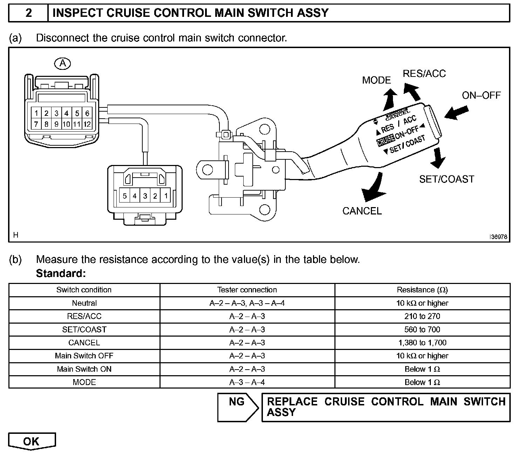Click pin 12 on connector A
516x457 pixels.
click(x=87, y=124)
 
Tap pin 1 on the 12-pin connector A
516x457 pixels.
click(x=36, y=113)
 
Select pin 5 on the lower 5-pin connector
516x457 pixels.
click(x=124, y=196)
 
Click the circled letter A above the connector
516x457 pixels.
click(x=63, y=63)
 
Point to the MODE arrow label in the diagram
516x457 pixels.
click(x=376, y=80)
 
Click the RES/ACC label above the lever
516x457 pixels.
click(x=424, y=74)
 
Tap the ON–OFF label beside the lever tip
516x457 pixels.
click(x=481, y=95)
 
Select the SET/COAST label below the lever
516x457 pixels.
click(x=446, y=179)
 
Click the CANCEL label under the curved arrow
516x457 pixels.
click(x=362, y=211)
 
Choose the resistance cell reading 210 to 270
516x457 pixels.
click(x=422, y=316)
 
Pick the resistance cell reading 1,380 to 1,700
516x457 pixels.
click(x=422, y=343)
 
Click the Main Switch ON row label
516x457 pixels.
click(x=84, y=369)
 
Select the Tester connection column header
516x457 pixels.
click(x=247, y=290)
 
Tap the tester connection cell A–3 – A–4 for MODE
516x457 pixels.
click(x=247, y=382)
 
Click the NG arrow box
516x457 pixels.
click(x=238, y=407)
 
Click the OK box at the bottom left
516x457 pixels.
click(x=32, y=441)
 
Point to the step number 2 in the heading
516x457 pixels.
click(x=28, y=13)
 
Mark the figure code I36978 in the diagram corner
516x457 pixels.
click(x=498, y=237)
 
